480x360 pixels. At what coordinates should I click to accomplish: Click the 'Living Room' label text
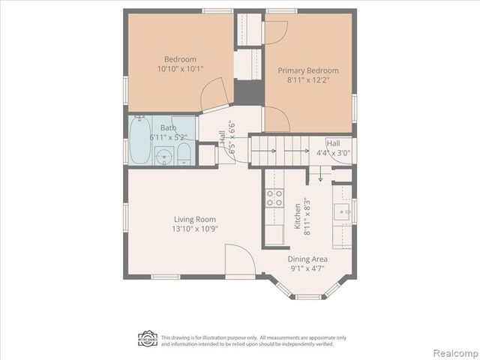pyautogui.click(x=195, y=220)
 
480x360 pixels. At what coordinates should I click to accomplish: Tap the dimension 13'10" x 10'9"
pyautogui.click(x=195, y=229)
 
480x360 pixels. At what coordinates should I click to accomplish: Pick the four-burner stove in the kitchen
pyautogui.click(x=274, y=198)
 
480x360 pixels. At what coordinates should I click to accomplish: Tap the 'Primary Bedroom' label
pyautogui.click(x=308, y=71)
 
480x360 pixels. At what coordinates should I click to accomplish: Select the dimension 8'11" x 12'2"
pyautogui.click(x=308, y=80)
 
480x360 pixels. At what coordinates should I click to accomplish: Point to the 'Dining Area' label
pyautogui.click(x=308, y=259)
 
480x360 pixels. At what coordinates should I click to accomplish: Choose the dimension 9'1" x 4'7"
pyautogui.click(x=308, y=268)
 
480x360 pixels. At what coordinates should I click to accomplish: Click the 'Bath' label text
pyautogui.click(x=168, y=128)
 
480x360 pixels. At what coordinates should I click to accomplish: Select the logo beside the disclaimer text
pyautogui.click(x=147, y=340)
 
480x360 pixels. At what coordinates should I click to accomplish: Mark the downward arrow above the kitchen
pyautogui.click(x=320, y=176)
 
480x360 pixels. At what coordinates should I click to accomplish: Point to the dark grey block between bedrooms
pyautogui.click(x=247, y=92)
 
